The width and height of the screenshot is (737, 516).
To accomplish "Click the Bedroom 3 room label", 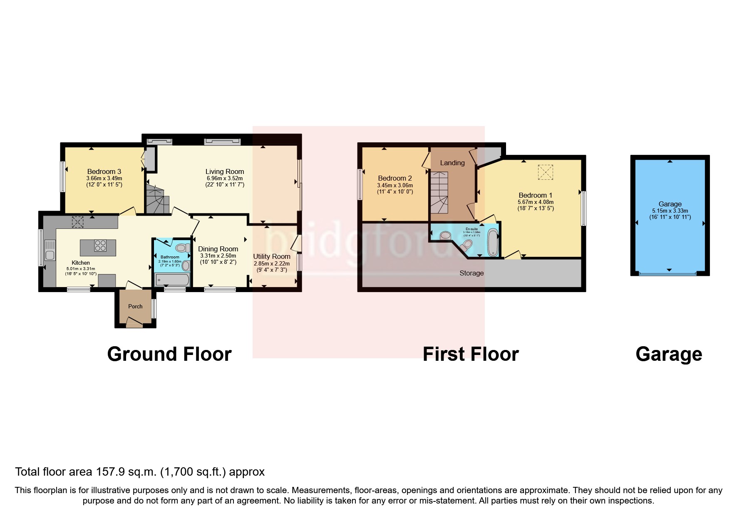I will click(x=104, y=171).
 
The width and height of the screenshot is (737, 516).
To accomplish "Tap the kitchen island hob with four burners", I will click(x=100, y=246).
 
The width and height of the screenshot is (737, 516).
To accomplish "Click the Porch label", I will click(x=135, y=306).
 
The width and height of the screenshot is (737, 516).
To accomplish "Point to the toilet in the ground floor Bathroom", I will click(x=181, y=248).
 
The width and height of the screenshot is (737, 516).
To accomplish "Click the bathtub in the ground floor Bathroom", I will click(x=172, y=280).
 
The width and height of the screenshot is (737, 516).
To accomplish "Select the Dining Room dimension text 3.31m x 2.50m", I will click(x=218, y=256).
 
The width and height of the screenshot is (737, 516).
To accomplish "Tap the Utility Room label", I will click(x=272, y=256).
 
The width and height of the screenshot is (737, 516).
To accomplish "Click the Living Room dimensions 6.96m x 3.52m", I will click(x=224, y=178).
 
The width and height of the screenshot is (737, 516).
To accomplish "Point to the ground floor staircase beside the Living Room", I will click(x=157, y=200).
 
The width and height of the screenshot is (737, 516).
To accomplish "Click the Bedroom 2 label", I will click(x=395, y=178).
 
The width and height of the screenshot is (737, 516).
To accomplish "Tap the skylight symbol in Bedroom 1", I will click(x=546, y=172).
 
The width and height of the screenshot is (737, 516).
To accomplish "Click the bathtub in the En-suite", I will click(x=493, y=242).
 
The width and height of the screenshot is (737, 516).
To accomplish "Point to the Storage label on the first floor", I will click(x=471, y=273).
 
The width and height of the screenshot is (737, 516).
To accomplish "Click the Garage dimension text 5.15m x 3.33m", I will click(x=670, y=211).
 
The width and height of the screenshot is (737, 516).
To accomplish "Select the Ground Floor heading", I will click(x=169, y=354).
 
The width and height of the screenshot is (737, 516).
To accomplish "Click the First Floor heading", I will click(x=471, y=354).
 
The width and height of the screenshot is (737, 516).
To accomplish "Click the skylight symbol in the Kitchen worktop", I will click(x=77, y=222).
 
